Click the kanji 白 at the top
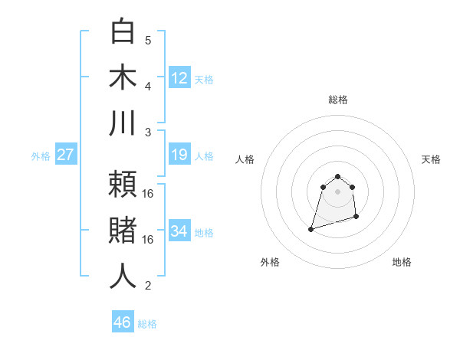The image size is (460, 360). pyautogui.click(x=123, y=31)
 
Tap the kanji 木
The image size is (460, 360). pyautogui.click(x=123, y=78)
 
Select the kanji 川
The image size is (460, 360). pyautogui.click(x=123, y=124)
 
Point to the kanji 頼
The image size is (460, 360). pyautogui.click(x=123, y=184)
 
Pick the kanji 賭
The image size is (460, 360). pyautogui.click(x=123, y=231)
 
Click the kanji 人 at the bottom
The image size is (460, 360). pyautogui.click(x=123, y=276)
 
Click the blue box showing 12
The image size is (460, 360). pyautogui.click(x=179, y=78)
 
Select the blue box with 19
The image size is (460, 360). pyautogui.click(x=179, y=155)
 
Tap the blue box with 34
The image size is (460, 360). pyautogui.click(x=179, y=231)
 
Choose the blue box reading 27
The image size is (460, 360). pyautogui.click(x=65, y=155)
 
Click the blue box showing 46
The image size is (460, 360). pyautogui.click(x=123, y=322)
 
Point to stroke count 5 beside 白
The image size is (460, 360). pyautogui.click(x=148, y=41)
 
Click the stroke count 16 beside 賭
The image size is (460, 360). pyautogui.click(x=148, y=240)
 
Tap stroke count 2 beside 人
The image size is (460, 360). pyautogui.click(x=148, y=286)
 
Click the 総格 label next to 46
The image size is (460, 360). pyautogui.click(x=147, y=324)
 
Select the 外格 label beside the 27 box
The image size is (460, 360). pyautogui.click(x=41, y=156)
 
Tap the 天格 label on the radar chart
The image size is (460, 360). pyautogui.click(x=432, y=159)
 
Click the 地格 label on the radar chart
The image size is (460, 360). pyautogui.click(x=402, y=262)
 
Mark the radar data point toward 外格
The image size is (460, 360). pyautogui.click(x=311, y=229)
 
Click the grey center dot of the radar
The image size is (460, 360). pyautogui.click(x=338, y=191)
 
